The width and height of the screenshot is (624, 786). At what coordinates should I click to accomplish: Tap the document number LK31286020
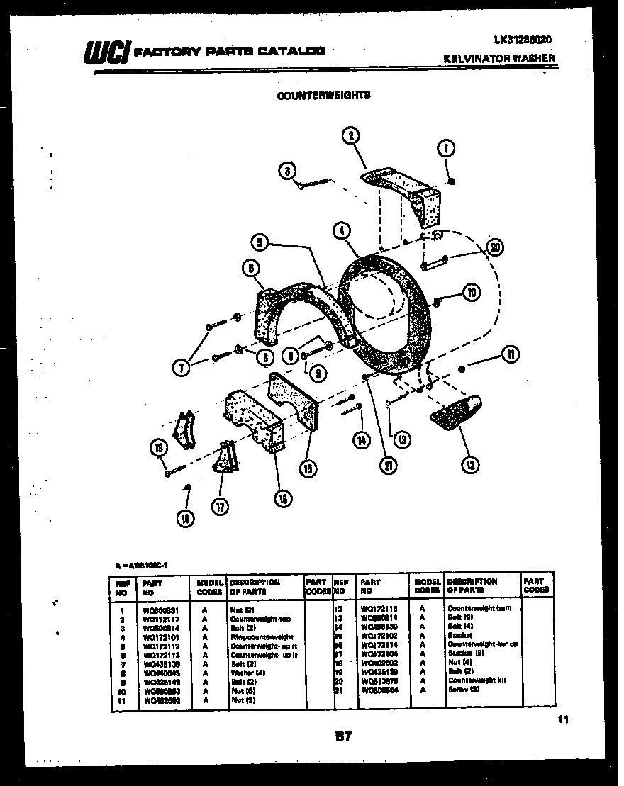pos(522,40)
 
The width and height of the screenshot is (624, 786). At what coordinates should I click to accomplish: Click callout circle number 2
pos(350,136)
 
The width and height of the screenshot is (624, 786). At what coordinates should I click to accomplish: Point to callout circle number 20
pos(494,247)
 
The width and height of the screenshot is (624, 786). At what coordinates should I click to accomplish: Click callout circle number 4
pos(342,230)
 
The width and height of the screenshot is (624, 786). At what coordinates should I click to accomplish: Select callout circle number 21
pos(389,466)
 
